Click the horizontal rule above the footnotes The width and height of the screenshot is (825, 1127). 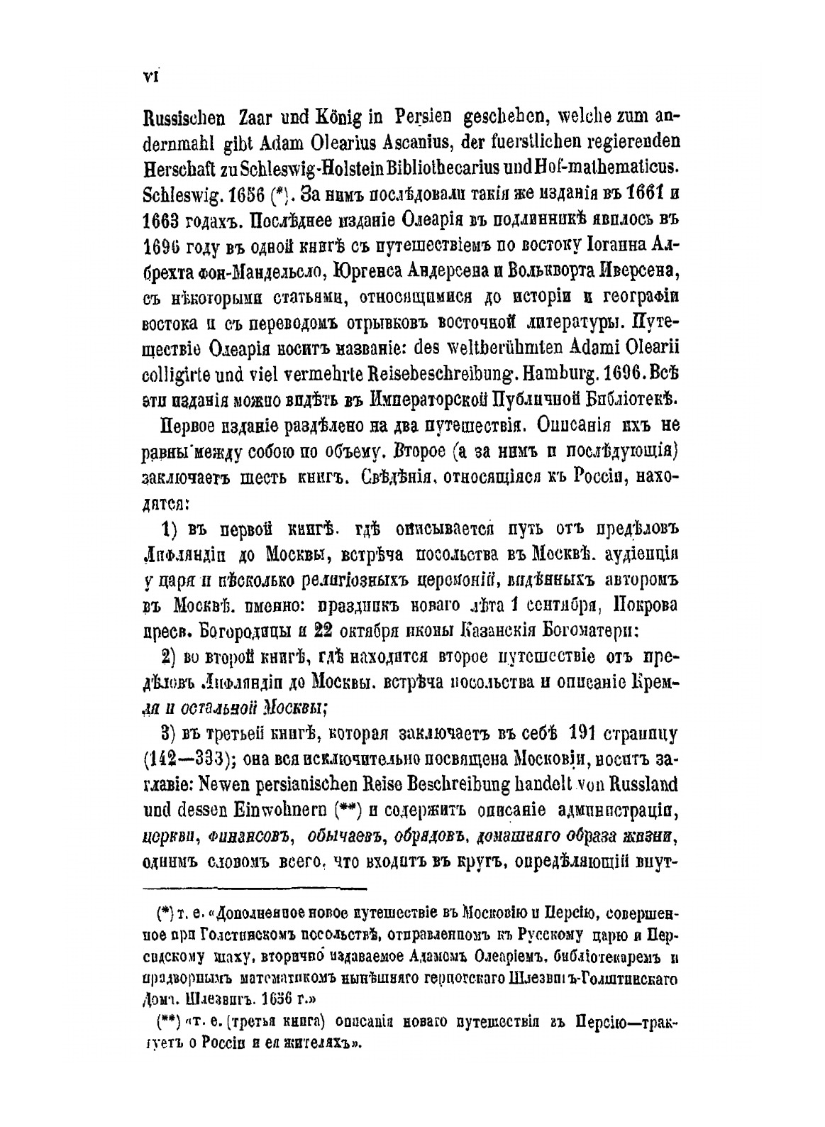255,888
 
